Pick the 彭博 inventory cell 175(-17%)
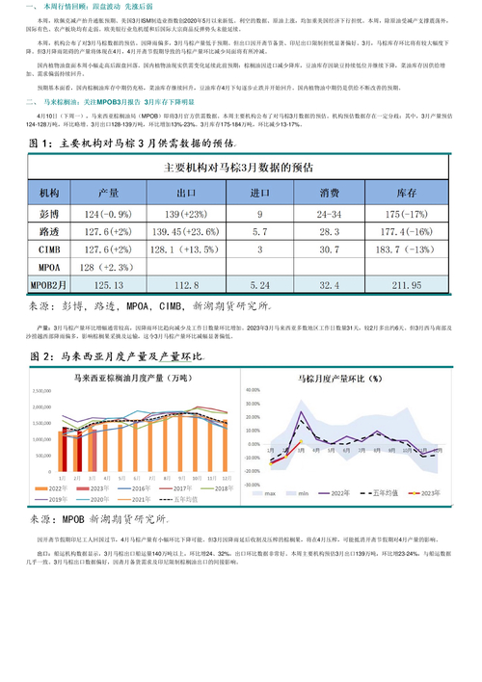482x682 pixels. tap(402, 213)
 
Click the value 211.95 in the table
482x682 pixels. tap(402, 286)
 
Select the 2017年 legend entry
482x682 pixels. tap(184, 488)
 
